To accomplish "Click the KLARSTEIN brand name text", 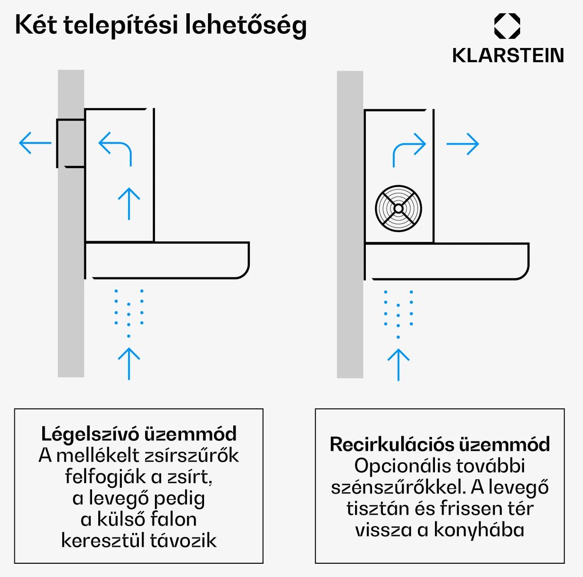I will [x=508, y=55].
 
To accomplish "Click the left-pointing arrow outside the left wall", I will [x=35, y=143].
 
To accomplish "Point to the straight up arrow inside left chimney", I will [x=129, y=203].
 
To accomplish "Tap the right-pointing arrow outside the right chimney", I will [x=462, y=145].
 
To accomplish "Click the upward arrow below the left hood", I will [x=129, y=363].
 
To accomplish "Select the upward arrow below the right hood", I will [x=398, y=364].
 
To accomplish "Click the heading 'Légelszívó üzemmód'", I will [x=139, y=433].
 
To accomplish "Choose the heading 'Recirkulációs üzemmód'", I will [x=440, y=444].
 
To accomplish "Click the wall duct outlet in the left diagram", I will [x=71, y=143].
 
